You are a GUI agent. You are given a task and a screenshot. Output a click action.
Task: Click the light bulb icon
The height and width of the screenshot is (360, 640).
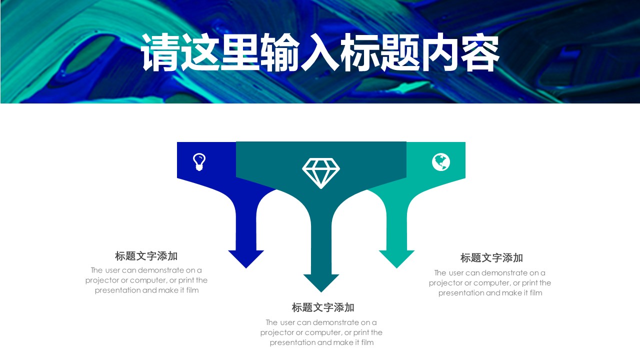[199, 162]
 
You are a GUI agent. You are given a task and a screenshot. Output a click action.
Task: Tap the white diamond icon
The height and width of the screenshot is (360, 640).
[321, 173]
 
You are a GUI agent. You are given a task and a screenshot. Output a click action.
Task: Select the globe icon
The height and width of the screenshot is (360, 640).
[441, 162]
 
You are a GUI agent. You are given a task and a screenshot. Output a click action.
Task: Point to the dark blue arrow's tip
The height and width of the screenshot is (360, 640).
[246, 267]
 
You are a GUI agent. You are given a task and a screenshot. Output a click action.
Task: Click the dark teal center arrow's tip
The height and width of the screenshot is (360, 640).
[321, 291]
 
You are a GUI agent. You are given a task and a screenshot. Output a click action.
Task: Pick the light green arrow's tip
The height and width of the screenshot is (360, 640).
[396, 267]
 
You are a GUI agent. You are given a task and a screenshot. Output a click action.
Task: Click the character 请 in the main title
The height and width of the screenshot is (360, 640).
[159, 53]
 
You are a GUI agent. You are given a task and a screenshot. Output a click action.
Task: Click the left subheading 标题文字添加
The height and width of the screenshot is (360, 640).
[146, 256]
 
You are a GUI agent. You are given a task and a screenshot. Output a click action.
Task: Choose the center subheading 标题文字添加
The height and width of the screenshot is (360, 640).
[323, 307]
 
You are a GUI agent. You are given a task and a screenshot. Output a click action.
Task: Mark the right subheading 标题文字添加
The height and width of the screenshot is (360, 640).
[491, 258]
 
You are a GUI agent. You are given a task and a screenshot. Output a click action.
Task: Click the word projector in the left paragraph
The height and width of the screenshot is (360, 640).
[102, 280]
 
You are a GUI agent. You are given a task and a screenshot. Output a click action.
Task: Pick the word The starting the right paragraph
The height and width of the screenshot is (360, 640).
[440, 273]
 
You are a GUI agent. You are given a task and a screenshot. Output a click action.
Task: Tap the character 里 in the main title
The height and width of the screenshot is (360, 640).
[239, 53]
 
